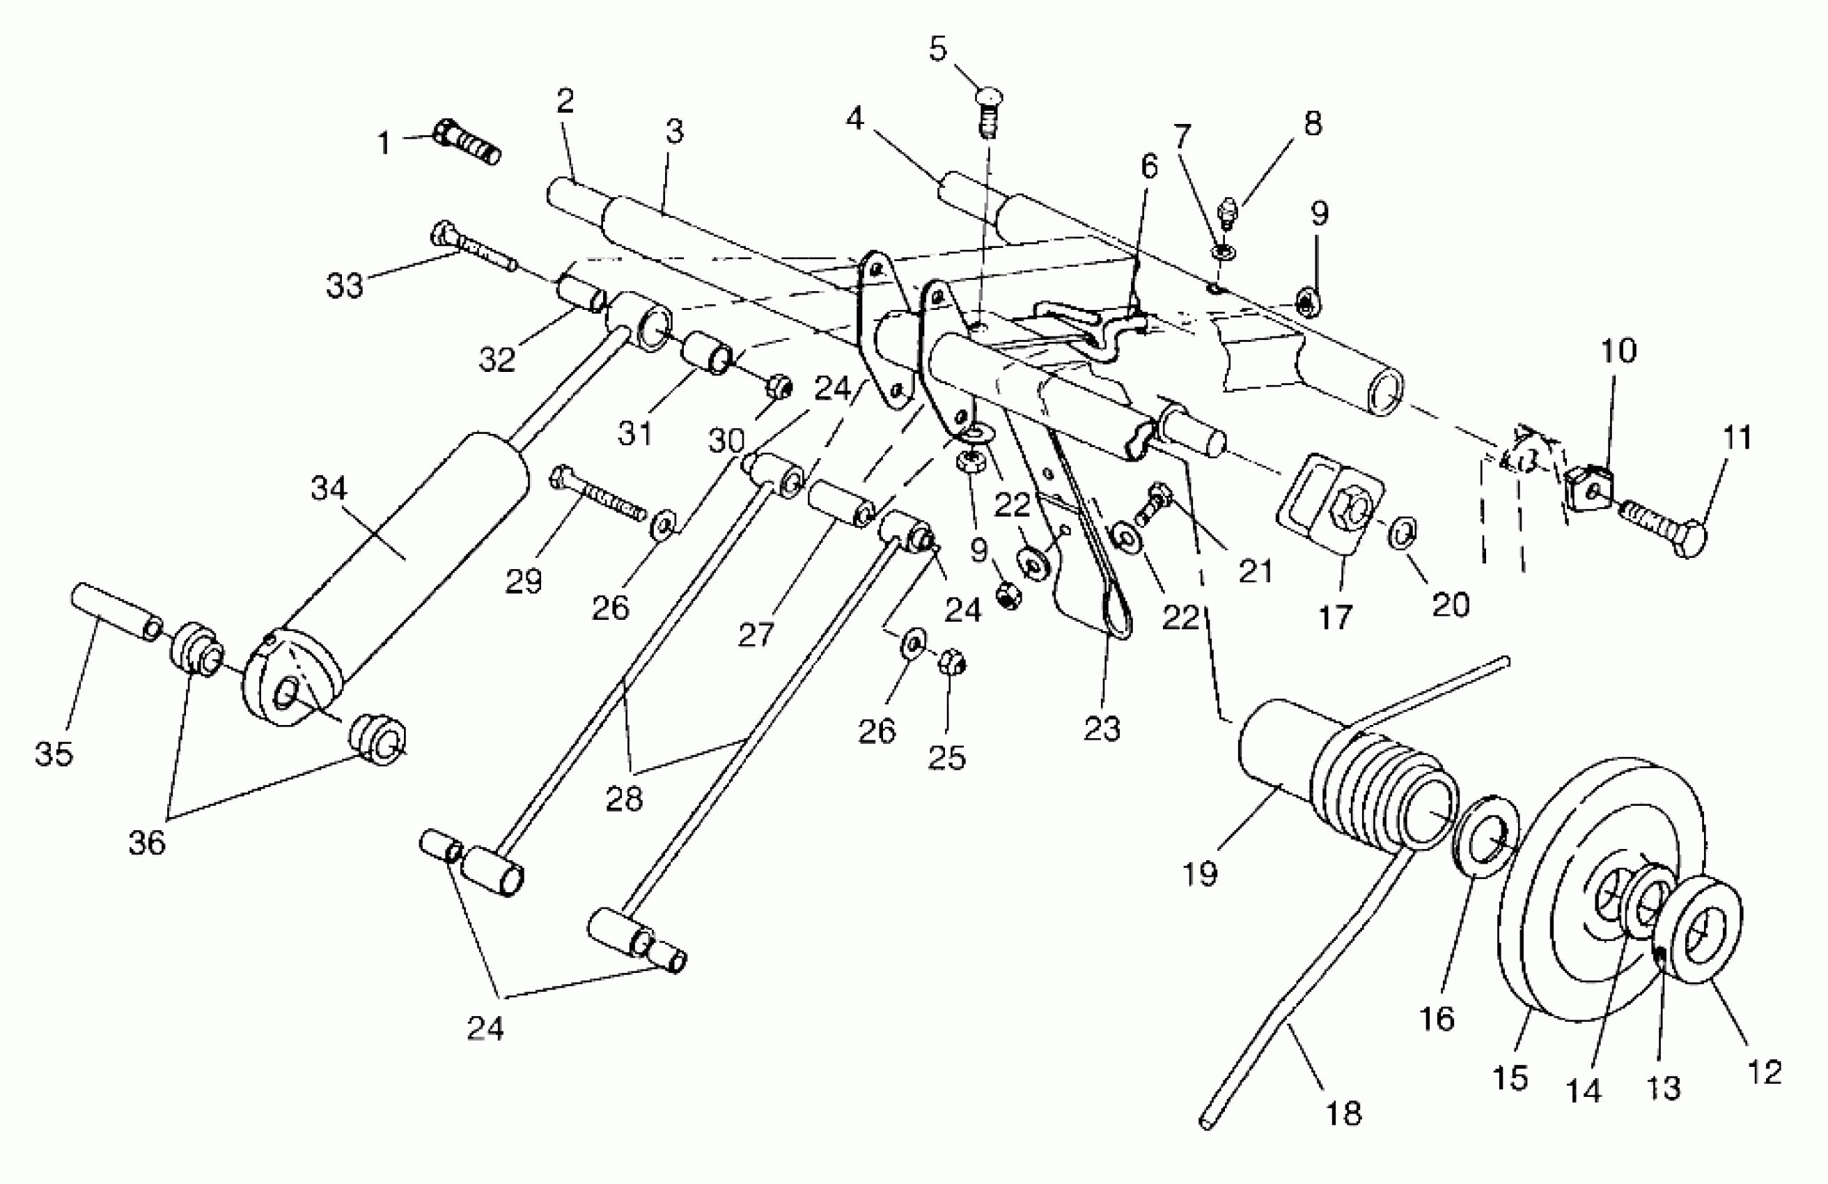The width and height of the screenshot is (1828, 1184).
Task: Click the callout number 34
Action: point(329,489)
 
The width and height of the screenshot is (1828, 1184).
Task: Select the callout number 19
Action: point(1201,873)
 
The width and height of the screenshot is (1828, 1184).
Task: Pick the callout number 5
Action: point(938,49)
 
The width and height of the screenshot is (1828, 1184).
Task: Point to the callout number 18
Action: point(1343,1112)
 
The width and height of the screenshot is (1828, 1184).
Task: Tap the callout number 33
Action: point(344,286)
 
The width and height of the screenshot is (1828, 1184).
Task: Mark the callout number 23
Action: point(1102,729)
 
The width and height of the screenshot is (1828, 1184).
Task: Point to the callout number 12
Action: point(1763,1071)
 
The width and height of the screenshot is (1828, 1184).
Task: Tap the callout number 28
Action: point(624,800)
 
